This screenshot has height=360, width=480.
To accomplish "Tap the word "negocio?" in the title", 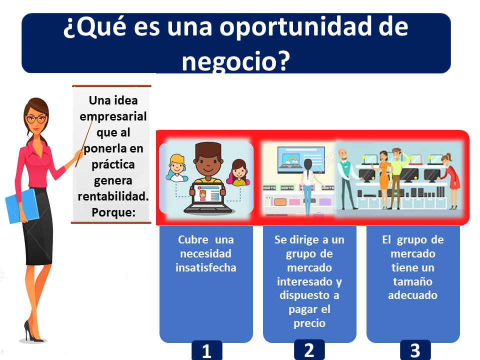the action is pyautogui.click(x=235, y=60).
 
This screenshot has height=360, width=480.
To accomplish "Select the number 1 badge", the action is pyautogui.click(x=206, y=350).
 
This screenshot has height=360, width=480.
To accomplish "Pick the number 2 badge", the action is pyautogui.click(x=309, y=349).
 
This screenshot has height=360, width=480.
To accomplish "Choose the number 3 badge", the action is pyautogui.click(x=415, y=350).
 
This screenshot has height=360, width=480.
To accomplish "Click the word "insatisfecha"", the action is pyautogui.click(x=205, y=267).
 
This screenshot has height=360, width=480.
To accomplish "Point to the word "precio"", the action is pyautogui.click(x=309, y=323).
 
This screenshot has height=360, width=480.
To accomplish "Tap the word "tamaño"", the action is pyautogui.click(x=412, y=281).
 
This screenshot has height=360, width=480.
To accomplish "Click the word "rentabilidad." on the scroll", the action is pyautogui.click(x=113, y=196).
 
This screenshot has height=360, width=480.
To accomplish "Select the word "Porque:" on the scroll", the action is pyautogui.click(x=113, y=212).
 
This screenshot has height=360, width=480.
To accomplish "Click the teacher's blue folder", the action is pyautogui.click(x=22, y=206).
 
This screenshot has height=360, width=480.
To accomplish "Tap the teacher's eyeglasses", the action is pyautogui.click(x=36, y=119).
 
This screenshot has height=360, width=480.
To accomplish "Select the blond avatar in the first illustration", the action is pyautogui.click(x=176, y=168).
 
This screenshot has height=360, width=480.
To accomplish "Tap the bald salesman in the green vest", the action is pyautogui.click(x=347, y=179).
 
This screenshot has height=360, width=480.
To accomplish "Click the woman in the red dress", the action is pyautogui.click(x=449, y=180).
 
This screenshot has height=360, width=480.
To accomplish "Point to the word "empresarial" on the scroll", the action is pyautogui.click(x=113, y=116).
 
